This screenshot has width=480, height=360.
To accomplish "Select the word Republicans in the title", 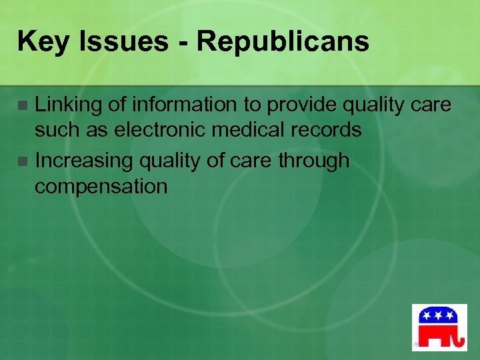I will coord(283,42).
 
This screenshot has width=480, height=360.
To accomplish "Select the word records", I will coord(327,130).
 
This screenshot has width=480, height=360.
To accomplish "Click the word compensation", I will coord(101,186).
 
